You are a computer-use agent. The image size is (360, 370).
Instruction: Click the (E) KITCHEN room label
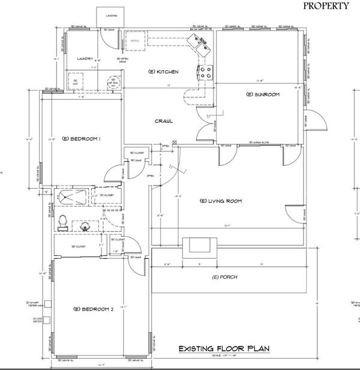[x=163, y=72]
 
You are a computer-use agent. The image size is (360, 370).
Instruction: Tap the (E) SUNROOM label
[x=260, y=95]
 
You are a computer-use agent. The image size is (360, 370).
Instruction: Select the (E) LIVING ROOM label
[x=220, y=201]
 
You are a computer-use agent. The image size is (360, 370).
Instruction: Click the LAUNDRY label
[x=86, y=58]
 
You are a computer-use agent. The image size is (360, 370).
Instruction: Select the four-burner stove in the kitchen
[x=205, y=74]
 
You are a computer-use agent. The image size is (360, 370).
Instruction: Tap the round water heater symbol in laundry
[x=112, y=82]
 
